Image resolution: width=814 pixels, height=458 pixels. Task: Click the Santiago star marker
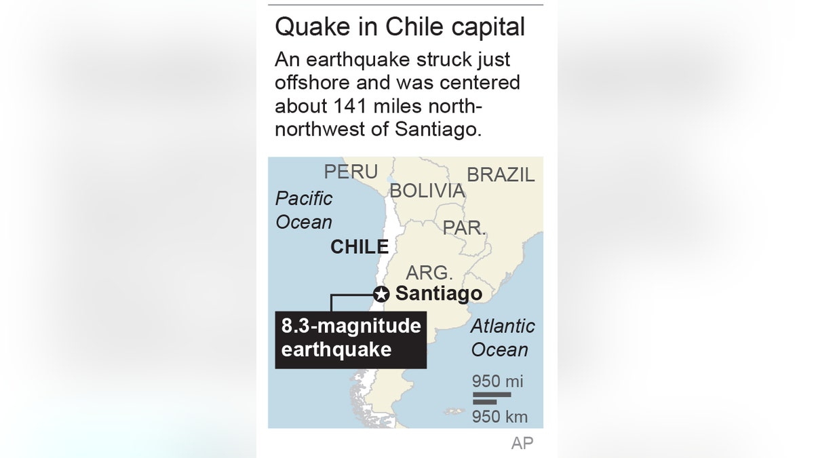(381, 294)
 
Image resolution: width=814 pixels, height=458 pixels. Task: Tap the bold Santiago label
(438, 294)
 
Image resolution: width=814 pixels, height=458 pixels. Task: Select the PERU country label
(351, 172)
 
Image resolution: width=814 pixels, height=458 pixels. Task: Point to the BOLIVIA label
(427, 191)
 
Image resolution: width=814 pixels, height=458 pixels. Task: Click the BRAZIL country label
(501, 174)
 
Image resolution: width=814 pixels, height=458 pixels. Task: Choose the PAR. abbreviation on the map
(465, 228)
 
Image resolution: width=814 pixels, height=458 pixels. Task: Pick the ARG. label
(429, 273)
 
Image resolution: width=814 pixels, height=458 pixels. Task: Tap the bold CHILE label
(360, 248)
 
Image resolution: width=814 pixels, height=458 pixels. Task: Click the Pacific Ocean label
(304, 210)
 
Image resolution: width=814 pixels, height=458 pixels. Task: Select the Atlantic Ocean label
(503, 338)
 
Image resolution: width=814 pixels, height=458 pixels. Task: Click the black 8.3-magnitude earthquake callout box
(351, 339)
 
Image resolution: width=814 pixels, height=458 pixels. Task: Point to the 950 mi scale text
(498, 381)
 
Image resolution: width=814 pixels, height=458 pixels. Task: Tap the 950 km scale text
(500, 416)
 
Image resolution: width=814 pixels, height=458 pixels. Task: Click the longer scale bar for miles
(492, 394)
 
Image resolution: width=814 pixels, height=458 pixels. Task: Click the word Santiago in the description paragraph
(438, 129)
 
